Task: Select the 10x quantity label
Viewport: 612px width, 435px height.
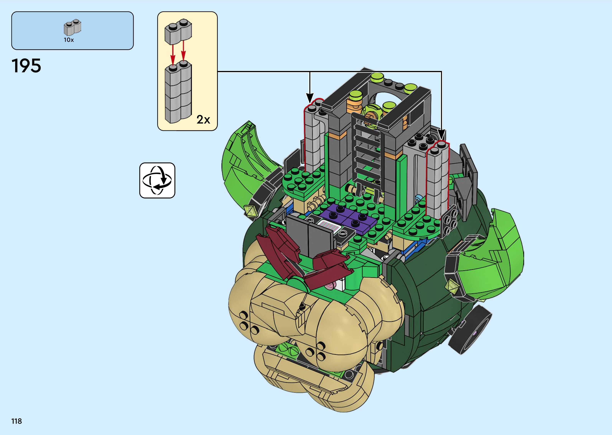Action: click(69, 40)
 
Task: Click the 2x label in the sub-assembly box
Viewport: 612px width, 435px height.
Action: click(203, 119)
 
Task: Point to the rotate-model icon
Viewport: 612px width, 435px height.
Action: click(157, 180)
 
